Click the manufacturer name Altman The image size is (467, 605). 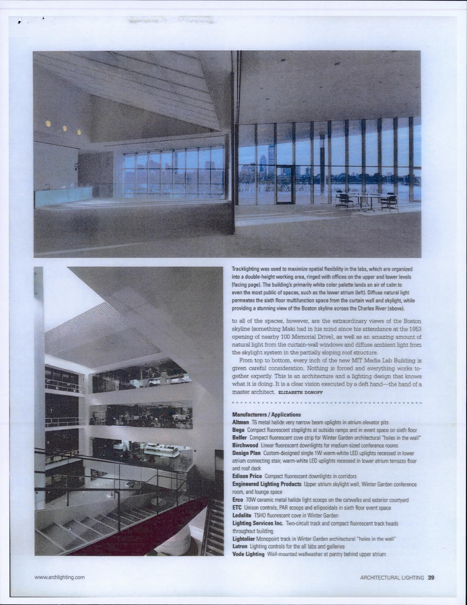(x=240, y=422)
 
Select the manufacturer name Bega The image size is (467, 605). (x=239, y=430)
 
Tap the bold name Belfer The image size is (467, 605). (x=240, y=438)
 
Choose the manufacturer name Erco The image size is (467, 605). (x=238, y=500)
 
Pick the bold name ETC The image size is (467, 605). (x=237, y=507)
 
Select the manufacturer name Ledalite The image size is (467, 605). (x=241, y=515)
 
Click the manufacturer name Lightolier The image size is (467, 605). (x=243, y=538)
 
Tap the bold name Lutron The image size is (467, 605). (x=240, y=546)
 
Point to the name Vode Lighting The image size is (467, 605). (x=248, y=554)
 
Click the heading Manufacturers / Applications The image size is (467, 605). (x=266, y=414)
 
